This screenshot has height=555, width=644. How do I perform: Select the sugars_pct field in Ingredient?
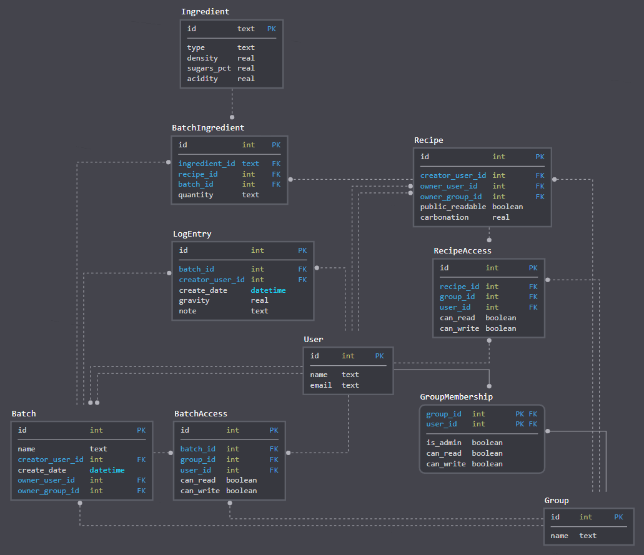click(x=209, y=68)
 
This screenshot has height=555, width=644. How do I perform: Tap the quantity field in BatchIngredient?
click(x=196, y=195)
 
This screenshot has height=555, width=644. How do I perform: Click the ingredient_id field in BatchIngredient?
click(x=207, y=164)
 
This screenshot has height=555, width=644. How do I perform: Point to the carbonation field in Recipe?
click(x=444, y=217)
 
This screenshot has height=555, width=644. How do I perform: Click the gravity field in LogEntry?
click(x=194, y=300)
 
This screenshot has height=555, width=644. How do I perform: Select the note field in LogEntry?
click(x=187, y=311)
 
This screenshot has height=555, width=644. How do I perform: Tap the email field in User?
click(x=321, y=385)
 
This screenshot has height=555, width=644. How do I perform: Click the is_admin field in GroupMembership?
click(x=444, y=443)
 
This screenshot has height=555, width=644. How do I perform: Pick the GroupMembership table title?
click(x=456, y=397)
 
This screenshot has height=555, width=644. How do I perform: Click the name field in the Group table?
click(x=559, y=536)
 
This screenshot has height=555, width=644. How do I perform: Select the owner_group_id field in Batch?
click(x=49, y=491)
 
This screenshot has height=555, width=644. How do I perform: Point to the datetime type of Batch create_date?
click(x=107, y=470)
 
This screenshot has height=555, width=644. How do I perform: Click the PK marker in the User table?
click(x=380, y=356)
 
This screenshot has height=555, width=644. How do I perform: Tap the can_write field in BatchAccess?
click(x=200, y=491)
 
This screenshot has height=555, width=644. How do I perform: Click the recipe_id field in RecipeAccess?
click(x=459, y=287)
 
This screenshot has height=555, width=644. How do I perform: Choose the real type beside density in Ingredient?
click(x=246, y=58)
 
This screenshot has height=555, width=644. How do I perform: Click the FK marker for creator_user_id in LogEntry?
click(x=302, y=280)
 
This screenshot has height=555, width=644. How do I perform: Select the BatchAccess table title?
click(x=201, y=414)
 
